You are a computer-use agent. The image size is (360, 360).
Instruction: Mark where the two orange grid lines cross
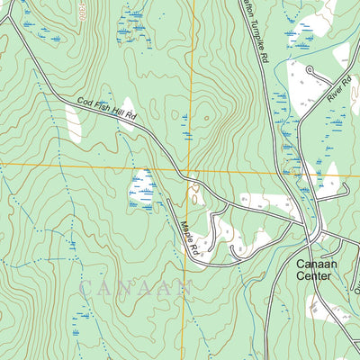tap(191, 170)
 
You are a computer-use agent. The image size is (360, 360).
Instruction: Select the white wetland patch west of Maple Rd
tap(141, 189)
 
